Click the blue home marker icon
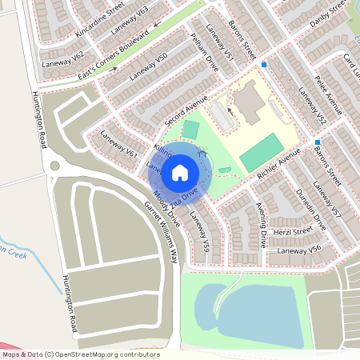[180, 172]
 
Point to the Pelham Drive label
[206, 54]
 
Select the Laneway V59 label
[199, 229]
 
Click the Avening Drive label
[261, 225]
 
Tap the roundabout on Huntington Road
[54, 166]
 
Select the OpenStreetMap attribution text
[80, 354]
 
